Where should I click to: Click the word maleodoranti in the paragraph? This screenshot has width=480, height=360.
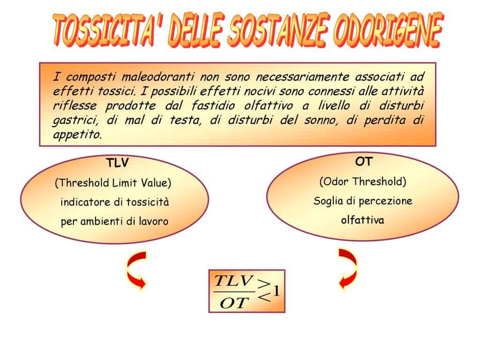click(157, 76)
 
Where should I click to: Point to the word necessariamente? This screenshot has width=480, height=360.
click(302, 76)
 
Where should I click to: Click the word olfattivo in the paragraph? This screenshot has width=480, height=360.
click(269, 105)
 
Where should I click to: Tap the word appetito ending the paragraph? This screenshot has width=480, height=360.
click(77, 135)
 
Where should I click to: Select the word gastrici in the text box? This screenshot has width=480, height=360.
click(75, 120)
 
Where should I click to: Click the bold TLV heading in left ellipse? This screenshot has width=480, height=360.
click(117, 163)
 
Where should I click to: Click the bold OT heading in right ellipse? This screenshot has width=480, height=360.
click(363, 161)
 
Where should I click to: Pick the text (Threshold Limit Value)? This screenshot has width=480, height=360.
click(113, 183)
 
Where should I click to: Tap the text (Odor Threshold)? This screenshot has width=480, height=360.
click(363, 181)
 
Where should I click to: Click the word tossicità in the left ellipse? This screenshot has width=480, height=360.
click(148, 202)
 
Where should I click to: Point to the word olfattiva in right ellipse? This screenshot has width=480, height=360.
click(362, 220)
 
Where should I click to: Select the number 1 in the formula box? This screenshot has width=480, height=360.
click(277, 291)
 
